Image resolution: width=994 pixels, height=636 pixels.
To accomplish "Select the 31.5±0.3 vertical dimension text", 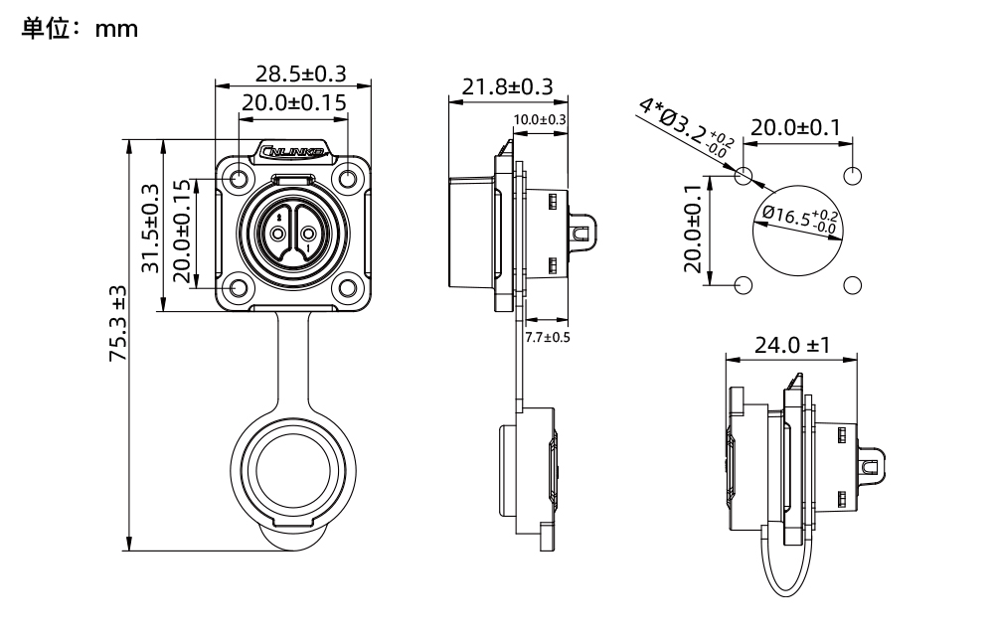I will [x=150, y=228].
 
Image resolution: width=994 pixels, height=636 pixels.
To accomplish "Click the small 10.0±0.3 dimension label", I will [x=540, y=120].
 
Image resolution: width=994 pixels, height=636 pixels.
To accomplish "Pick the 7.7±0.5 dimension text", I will [x=548, y=336].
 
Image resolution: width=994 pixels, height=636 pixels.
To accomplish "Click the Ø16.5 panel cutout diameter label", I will [x=801, y=220].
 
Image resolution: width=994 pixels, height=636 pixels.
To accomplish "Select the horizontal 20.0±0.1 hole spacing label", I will [x=794, y=128].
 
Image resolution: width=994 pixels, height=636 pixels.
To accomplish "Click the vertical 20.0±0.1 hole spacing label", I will [x=696, y=230].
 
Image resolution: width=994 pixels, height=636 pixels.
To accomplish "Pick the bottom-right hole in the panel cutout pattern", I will [x=852, y=285].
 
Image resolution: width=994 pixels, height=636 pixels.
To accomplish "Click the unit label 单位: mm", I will [x=79, y=30].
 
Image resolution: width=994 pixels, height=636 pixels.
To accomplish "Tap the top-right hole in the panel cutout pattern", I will [x=852, y=176].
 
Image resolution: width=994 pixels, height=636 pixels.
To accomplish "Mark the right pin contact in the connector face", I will [x=309, y=235].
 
